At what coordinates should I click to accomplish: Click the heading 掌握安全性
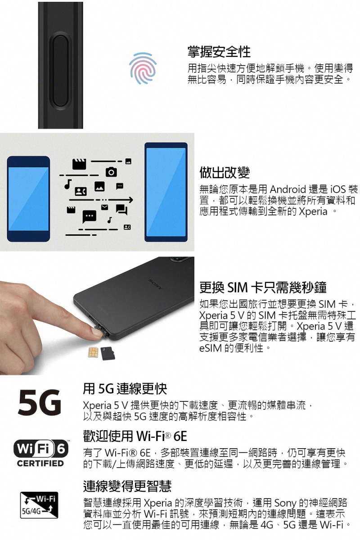click(219, 52)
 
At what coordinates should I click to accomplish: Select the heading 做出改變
click(224, 171)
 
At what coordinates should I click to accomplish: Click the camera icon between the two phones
click(111, 172)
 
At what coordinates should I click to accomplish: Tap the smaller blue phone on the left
click(28, 199)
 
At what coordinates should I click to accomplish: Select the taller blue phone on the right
click(166, 192)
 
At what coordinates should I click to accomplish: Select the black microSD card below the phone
click(108, 353)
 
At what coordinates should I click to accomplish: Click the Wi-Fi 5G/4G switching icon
click(39, 505)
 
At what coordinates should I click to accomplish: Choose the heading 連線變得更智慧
click(127, 486)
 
